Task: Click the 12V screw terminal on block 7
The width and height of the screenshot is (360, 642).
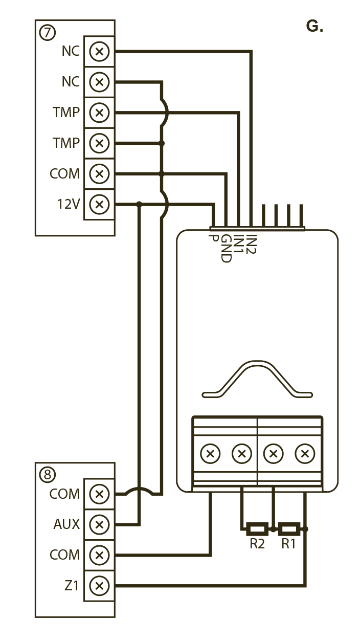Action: coord(99,205)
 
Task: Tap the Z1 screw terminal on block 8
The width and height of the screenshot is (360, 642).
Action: coord(99,585)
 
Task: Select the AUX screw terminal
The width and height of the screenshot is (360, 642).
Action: coord(99,524)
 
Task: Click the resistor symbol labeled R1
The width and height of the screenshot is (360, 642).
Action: coord(290,528)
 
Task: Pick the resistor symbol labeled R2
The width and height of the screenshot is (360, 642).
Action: coord(257,528)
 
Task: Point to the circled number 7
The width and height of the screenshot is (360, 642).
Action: coord(47,33)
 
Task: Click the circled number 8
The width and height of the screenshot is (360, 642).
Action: coord(47,475)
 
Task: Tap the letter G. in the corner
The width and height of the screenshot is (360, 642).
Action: coord(314,27)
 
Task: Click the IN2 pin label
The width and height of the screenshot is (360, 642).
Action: coord(251,245)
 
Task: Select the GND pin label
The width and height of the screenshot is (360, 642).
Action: coord(226,249)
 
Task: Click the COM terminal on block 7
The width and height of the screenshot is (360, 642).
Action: coord(99,174)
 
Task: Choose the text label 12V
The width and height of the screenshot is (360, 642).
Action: coord(69,205)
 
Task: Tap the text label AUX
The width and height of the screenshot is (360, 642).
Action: coord(66,524)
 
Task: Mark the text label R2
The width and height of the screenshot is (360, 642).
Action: coord(257,544)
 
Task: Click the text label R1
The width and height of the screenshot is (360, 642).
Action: coord(289,544)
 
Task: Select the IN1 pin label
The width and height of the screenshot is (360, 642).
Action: coord(238,245)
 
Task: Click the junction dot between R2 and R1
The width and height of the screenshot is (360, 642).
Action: coord(274,529)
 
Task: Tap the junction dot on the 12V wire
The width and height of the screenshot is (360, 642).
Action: coord(139,205)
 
